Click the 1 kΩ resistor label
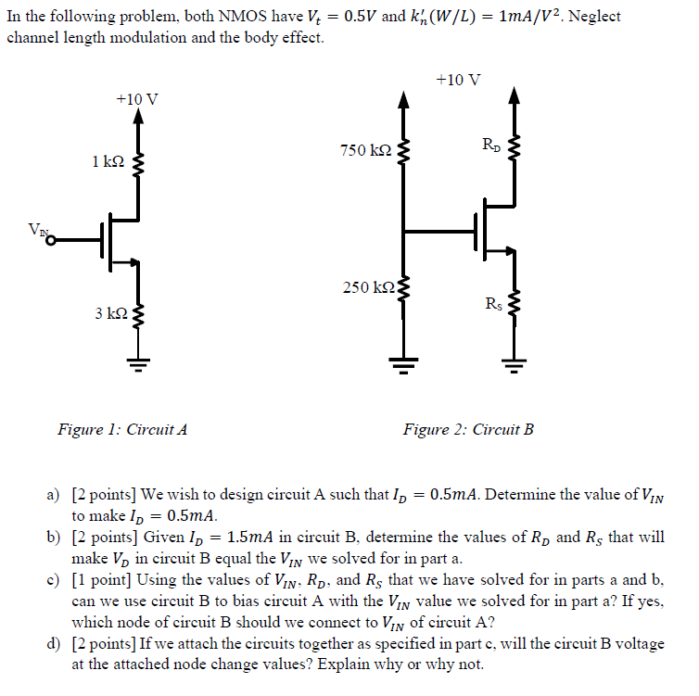click(108, 161)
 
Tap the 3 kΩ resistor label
click(110, 314)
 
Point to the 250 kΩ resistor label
click(367, 287)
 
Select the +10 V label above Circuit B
click(458, 79)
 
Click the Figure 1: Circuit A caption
click(122, 429)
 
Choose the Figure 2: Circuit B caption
click(468, 429)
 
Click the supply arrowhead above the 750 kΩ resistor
click(401, 96)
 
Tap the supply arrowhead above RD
click(515, 96)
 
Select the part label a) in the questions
click(54, 496)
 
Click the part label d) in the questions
click(54, 643)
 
